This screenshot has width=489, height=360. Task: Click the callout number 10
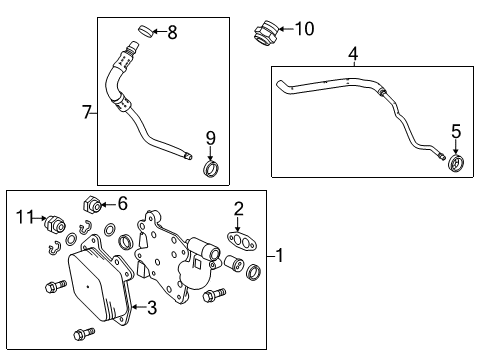click(303, 29)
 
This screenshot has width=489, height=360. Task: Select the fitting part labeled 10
click(264, 32)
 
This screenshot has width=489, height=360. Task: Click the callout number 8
click(172, 33)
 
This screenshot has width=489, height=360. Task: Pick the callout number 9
click(211, 138)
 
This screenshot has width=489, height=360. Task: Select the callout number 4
click(352, 52)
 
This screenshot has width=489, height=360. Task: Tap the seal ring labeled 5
click(456, 164)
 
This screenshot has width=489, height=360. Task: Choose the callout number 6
click(122, 203)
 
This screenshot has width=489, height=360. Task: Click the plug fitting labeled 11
click(58, 221)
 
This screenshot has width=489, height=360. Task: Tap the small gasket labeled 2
click(238, 240)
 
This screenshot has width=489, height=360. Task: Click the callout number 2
click(238, 208)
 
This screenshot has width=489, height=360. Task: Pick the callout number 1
click(282, 256)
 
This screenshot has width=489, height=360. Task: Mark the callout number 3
click(151, 308)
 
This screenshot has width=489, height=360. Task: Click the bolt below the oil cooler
click(80, 333)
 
